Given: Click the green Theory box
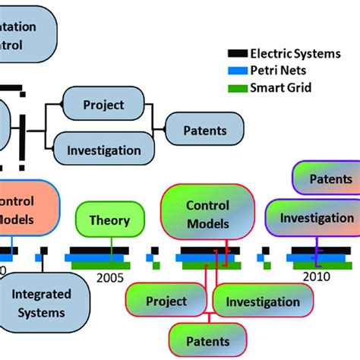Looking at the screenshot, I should [x=109, y=221].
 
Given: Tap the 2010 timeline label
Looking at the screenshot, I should [x=316, y=277].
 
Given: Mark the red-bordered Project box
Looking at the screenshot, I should [x=166, y=302].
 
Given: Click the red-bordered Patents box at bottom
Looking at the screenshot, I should [x=207, y=341].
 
